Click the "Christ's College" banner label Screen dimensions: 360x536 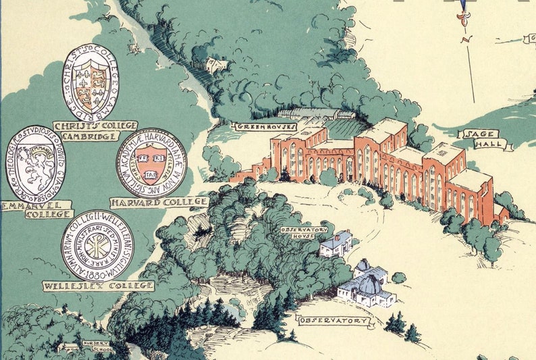coord(95,126)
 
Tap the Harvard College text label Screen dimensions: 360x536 coord(159,201)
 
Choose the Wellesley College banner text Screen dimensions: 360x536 coord(98,286)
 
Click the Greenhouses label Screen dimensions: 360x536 coord(258,126)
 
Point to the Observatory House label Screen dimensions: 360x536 coord(304,233)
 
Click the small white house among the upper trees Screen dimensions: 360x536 coord(216,65)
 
